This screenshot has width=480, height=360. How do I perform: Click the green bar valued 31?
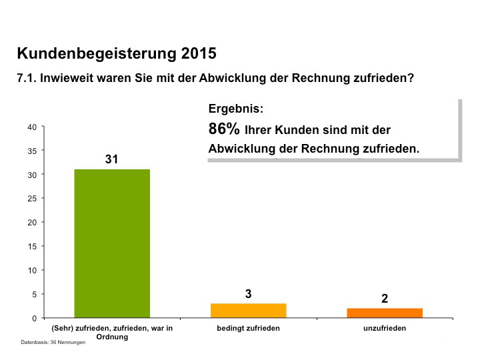tap(111, 243)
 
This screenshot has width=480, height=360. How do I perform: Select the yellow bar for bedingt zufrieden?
tap(248, 311)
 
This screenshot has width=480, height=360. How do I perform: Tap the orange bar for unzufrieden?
tap(385, 313)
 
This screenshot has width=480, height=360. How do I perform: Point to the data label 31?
tap(111, 159)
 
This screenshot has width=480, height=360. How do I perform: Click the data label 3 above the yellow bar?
tap(248, 293)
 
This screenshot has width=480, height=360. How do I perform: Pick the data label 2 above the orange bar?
tap(385, 299)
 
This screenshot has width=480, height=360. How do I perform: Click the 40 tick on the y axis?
tap(32, 127)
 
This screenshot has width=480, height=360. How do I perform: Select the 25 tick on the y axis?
tap(32, 199)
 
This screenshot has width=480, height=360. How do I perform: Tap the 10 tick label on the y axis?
tap(32, 271)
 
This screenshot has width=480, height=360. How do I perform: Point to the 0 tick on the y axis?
tap(34, 318)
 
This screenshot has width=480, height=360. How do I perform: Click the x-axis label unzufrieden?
tap(385, 328)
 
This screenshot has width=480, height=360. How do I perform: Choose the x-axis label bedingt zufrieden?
tap(248, 328)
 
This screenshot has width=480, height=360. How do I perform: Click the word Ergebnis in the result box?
tap(235, 109)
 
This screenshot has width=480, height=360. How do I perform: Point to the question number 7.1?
tap(26, 78)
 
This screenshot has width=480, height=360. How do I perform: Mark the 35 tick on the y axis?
tap(32, 151)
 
